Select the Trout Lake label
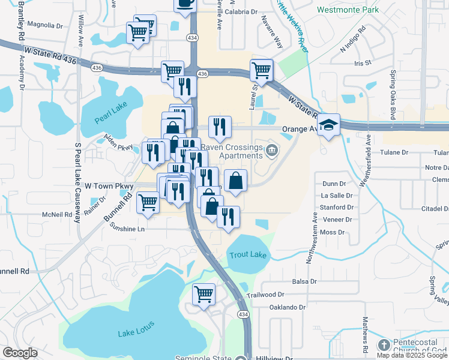[247, 255]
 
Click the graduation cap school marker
[328, 125]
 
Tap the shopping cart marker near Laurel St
[261, 70]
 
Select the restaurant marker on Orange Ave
[220, 127]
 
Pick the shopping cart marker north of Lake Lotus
[204, 295]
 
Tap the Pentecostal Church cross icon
[384, 346]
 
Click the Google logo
[20, 353]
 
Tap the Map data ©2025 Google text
[412, 355]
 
